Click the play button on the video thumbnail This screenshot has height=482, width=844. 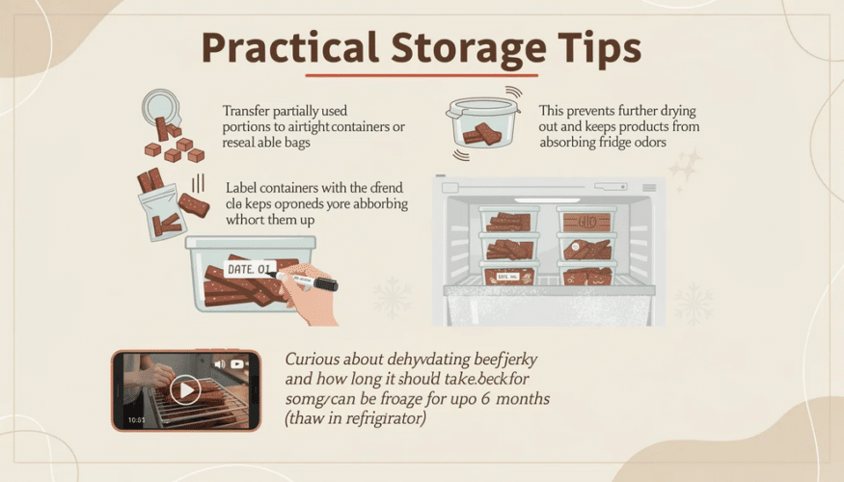(185, 389)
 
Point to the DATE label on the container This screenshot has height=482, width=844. (250, 267)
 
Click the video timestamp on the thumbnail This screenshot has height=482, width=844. (135, 419)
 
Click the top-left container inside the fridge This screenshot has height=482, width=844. (509, 221)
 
